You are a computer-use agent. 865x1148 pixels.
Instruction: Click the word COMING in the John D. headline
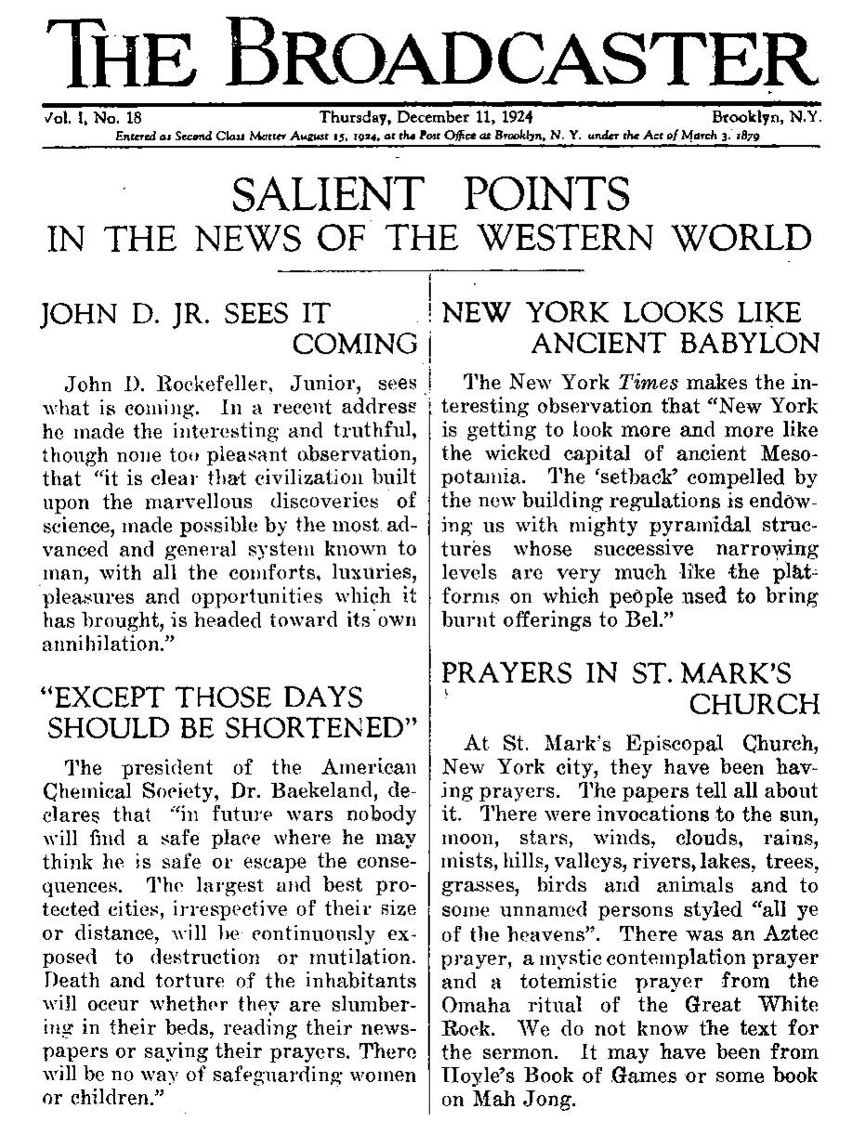pos(355,345)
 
